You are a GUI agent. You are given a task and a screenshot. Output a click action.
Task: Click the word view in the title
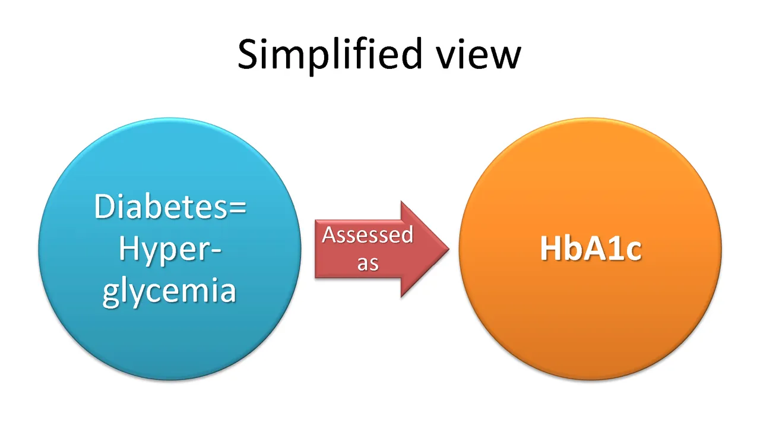click(x=479, y=54)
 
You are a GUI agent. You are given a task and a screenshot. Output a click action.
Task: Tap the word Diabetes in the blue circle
click(x=161, y=206)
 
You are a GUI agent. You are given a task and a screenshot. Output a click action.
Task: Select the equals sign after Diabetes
click(x=237, y=208)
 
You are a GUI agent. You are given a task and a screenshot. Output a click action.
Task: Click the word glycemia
click(x=169, y=291)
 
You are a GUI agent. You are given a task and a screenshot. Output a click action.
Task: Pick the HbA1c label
click(x=591, y=249)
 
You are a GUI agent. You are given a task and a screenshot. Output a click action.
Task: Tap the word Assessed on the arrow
click(x=368, y=235)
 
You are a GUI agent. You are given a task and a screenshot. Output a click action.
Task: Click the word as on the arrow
click(x=368, y=263)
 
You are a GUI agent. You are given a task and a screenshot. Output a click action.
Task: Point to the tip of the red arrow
click(x=449, y=248)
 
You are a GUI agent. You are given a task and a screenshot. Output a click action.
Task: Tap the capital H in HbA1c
click(x=551, y=248)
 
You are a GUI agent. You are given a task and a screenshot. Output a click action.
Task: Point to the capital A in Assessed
click(x=330, y=234)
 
